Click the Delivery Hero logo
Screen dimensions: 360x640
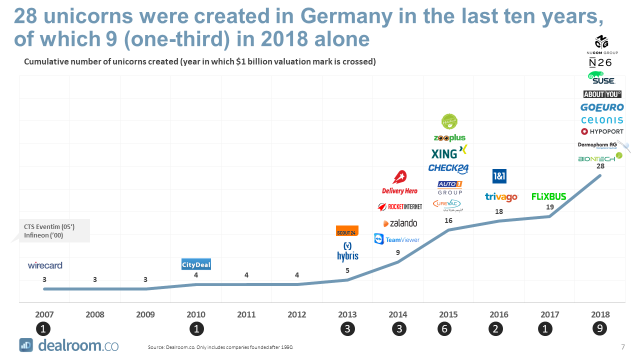click(x=399, y=182)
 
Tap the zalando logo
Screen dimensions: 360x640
click(x=400, y=223)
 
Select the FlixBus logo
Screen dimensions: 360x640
click(x=549, y=196)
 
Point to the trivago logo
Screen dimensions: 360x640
click(x=501, y=197)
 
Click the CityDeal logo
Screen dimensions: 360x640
click(x=196, y=264)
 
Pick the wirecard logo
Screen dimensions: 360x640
click(x=45, y=265)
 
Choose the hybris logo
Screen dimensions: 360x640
click(x=348, y=251)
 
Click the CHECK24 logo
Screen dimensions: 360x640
click(x=448, y=168)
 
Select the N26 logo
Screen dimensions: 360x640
click(x=600, y=63)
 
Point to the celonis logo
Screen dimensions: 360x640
click(x=602, y=120)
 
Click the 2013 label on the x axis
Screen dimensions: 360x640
click(x=347, y=314)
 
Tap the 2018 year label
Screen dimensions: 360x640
click(x=600, y=314)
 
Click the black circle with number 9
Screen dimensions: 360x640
click(x=600, y=329)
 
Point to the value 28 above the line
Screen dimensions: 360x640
click(x=600, y=166)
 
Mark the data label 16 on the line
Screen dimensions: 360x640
click(x=448, y=220)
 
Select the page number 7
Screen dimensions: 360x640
click(x=623, y=347)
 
